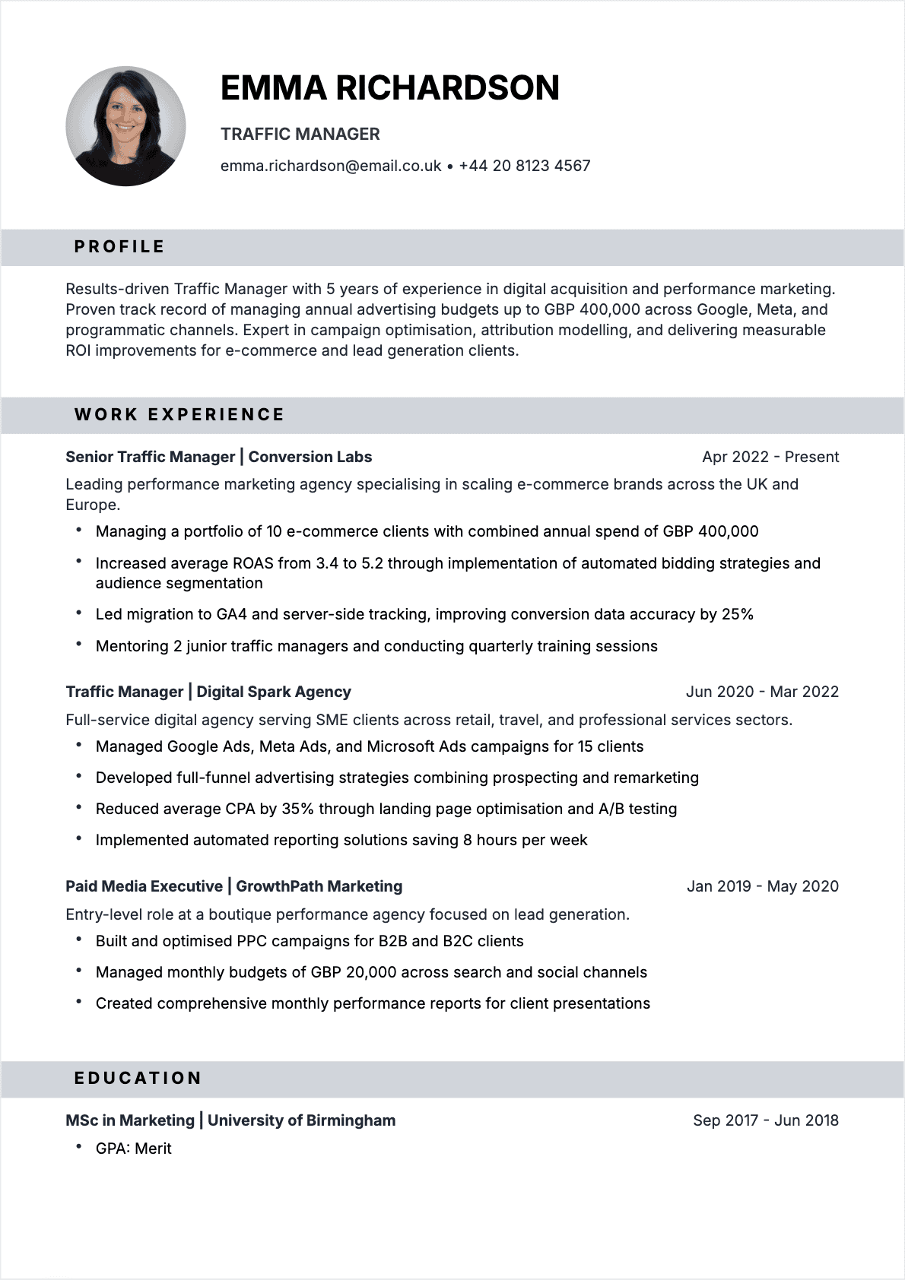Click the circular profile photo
(x=125, y=126)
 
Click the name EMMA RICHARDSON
(x=389, y=88)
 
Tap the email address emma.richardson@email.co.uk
(x=331, y=166)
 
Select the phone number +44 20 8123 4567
(x=525, y=166)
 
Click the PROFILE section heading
(x=119, y=247)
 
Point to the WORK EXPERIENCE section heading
(x=179, y=415)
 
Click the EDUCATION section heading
(x=138, y=1079)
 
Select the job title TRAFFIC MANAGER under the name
(x=300, y=135)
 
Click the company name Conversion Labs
(x=310, y=457)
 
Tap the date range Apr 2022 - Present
(x=770, y=457)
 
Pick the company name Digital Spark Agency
(x=274, y=692)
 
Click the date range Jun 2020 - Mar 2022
(x=762, y=692)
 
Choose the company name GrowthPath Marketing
(x=319, y=886)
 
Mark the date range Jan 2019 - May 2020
(x=762, y=886)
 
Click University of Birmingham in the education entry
(x=301, y=1120)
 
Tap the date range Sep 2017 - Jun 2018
(x=765, y=1120)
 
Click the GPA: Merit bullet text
(x=134, y=1149)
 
